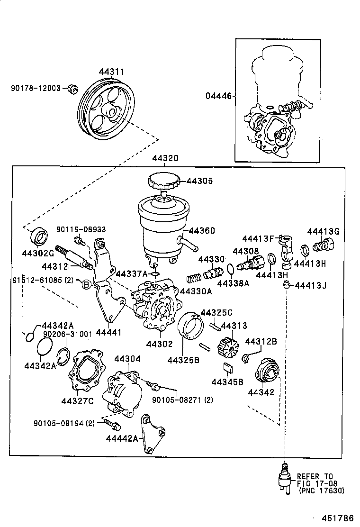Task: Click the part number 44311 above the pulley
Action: coord(111,72)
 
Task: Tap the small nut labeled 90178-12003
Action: coord(73,89)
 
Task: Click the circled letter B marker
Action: coord(86,284)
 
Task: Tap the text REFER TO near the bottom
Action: coord(315,476)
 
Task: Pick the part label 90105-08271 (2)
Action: coord(182,400)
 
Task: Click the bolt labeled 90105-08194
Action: coord(110,421)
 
